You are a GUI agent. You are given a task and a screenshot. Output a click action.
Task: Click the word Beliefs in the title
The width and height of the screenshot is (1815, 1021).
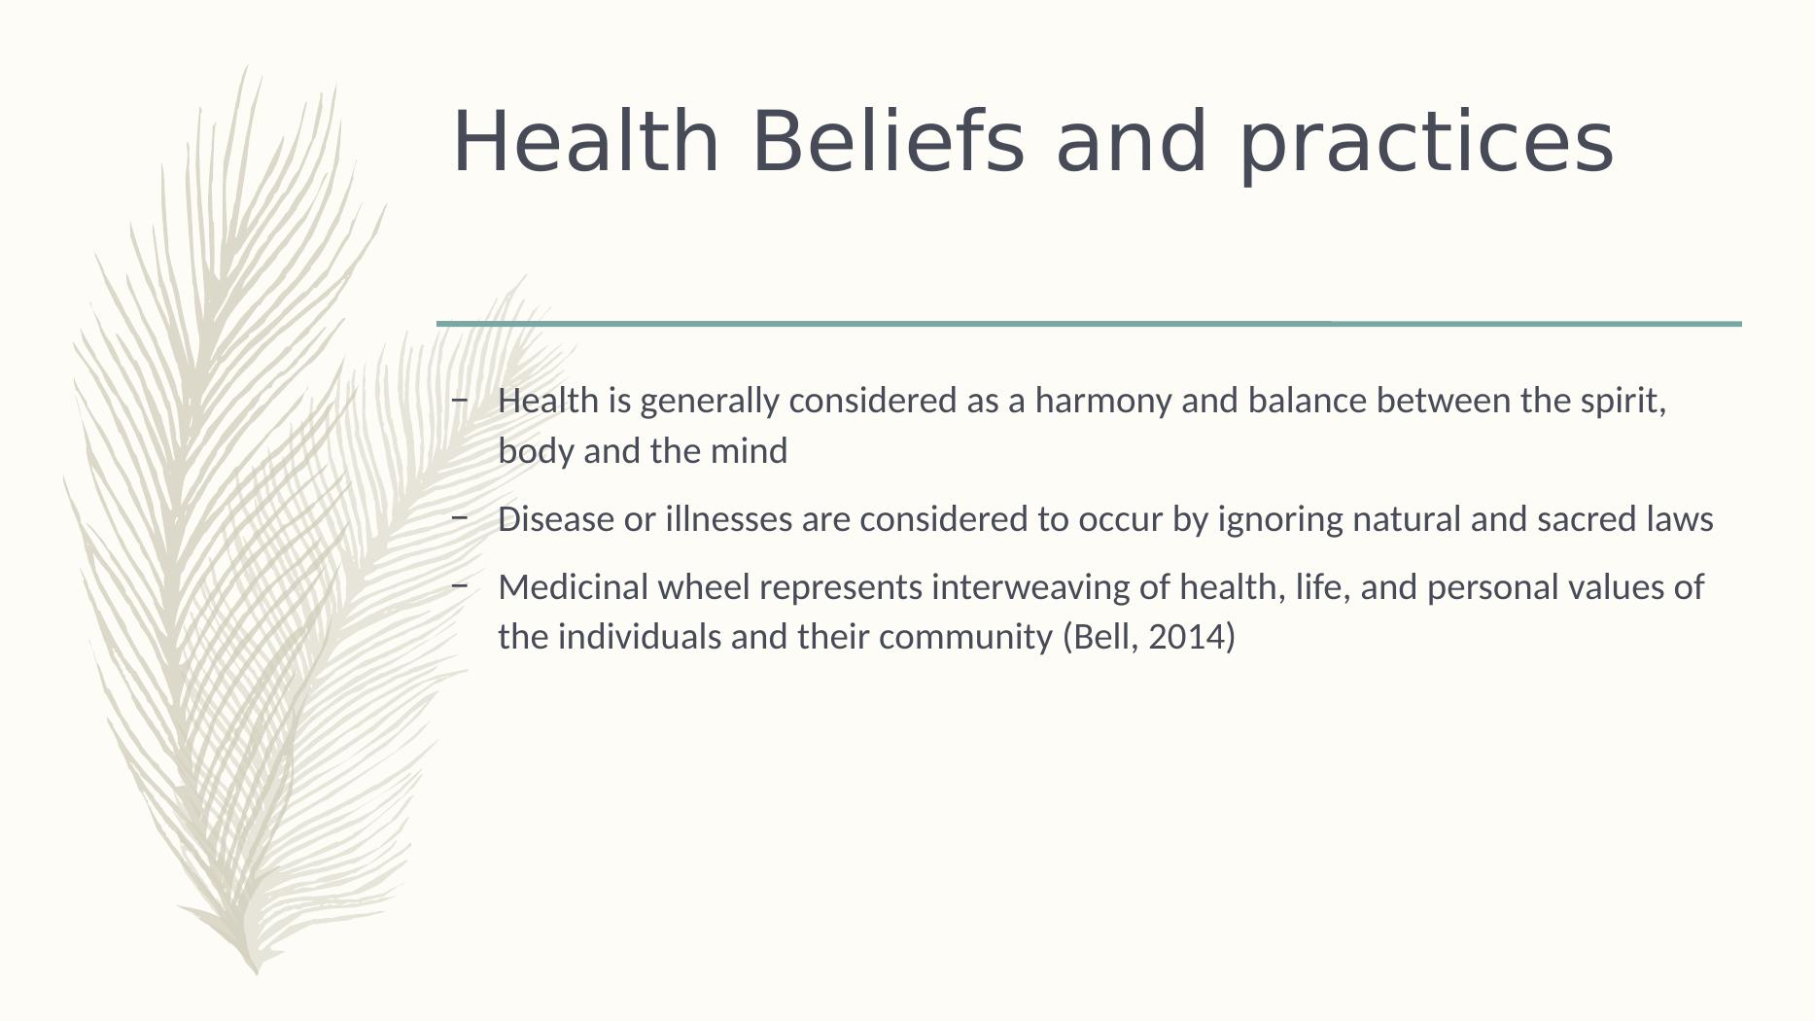[888, 141]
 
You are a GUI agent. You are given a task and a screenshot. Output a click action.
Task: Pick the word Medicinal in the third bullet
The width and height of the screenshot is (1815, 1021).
[574, 587]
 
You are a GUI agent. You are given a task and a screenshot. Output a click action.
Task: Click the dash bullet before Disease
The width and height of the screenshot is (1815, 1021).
[460, 517]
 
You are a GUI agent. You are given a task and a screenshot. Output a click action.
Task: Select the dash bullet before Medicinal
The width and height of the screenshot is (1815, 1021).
[460, 585]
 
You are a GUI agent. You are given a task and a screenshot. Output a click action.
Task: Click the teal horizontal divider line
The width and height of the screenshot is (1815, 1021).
[1089, 323]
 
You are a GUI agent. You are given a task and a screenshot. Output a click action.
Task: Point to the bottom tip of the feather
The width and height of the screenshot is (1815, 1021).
[257, 973]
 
